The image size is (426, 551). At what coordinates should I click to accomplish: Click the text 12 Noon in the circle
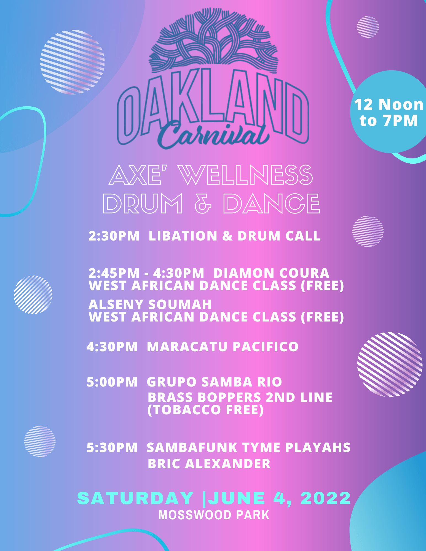389,104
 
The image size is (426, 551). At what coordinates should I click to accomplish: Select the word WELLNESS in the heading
246,175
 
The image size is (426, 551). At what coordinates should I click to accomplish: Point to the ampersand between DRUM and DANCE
203,203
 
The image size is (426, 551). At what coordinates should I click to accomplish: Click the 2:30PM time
114,236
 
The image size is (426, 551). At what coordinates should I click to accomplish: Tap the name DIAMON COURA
271,273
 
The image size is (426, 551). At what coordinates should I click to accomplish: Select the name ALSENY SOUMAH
150,304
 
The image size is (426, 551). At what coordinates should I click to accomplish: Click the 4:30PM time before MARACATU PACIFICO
112,347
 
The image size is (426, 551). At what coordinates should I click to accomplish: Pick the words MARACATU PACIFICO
223,347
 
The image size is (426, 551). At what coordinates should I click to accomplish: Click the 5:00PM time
112,382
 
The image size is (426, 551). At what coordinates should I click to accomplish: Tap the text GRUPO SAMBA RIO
215,382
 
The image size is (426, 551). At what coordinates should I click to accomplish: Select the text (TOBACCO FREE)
206,410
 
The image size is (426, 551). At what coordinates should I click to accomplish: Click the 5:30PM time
112,447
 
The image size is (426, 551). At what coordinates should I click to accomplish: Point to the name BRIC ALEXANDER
209,464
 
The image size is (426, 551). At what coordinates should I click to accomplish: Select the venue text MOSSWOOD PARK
214,515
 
